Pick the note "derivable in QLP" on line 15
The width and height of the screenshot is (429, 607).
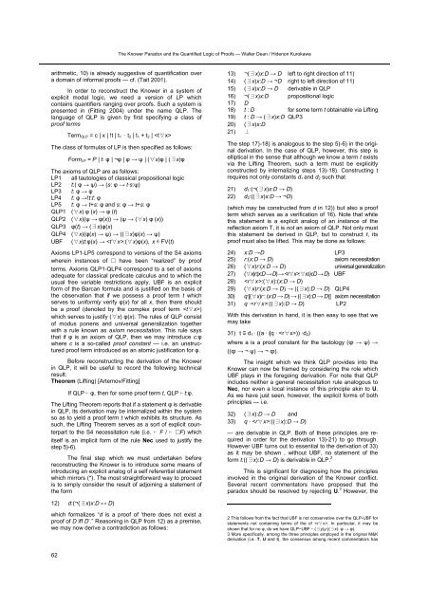click(319, 60)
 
